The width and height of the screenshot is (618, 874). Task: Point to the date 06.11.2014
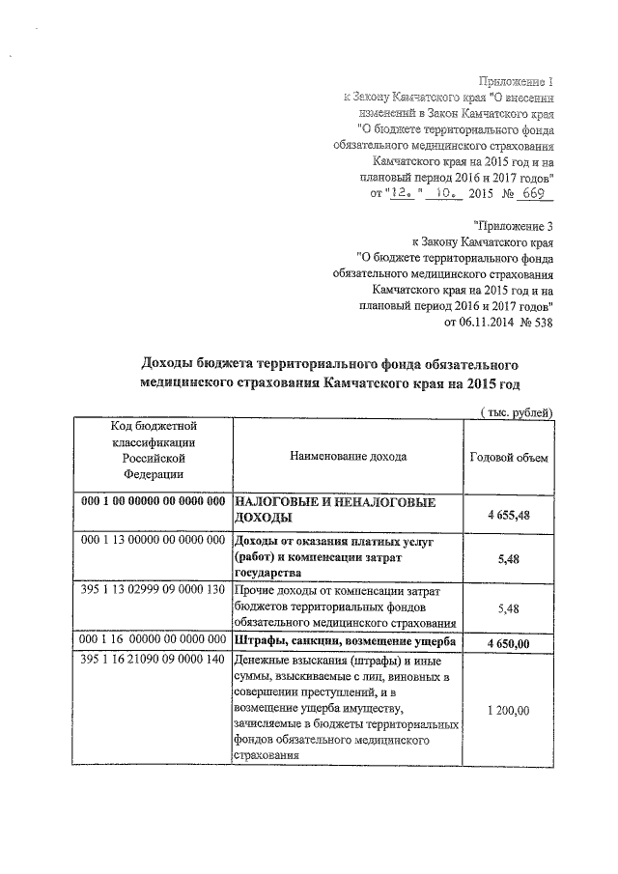click(x=470, y=323)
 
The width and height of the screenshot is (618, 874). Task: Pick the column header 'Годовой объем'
click(x=508, y=457)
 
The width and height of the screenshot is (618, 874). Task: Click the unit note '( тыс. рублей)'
click(x=517, y=412)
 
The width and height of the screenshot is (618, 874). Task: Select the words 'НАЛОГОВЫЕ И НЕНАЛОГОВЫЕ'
click(x=334, y=503)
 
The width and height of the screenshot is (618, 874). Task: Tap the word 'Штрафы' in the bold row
click(x=260, y=642)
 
